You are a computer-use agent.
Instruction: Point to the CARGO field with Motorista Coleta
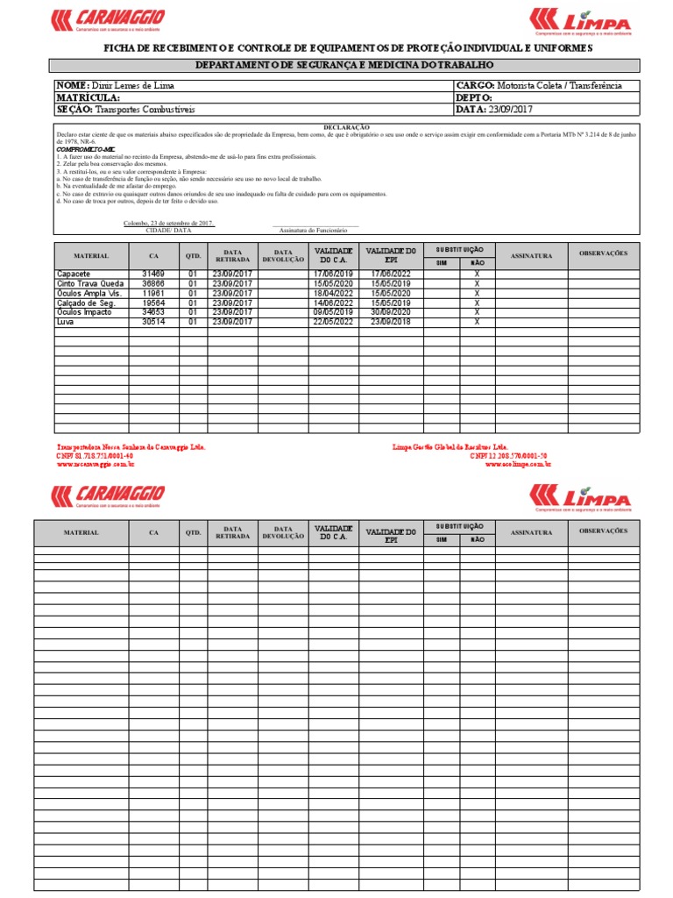tap(538, 85)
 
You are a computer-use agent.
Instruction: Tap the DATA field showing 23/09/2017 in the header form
tap(493, 110)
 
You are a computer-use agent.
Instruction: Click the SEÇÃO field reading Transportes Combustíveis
tap(126, 110)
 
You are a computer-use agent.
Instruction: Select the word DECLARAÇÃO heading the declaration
tap(347, 127)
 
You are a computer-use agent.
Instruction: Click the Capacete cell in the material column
tap(80, 274)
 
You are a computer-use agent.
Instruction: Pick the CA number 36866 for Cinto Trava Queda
tap(153, 284)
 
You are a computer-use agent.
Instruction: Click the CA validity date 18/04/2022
tap(332, 294)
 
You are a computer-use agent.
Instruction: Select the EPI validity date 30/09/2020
tap(391, 312)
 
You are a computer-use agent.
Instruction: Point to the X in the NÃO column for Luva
tap(477, 322)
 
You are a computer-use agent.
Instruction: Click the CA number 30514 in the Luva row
tap(153, 322)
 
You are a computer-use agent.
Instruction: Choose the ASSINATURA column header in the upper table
tap(531, 256)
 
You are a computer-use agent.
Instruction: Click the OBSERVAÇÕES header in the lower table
tap(603, 531)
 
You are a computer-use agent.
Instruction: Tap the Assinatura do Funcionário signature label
tap(314, 230)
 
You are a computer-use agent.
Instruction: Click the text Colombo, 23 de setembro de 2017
tap(168, 223)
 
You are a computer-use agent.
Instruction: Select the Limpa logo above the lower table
tap(580, 497)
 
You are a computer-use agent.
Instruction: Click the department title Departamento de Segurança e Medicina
tap(345, 66)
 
